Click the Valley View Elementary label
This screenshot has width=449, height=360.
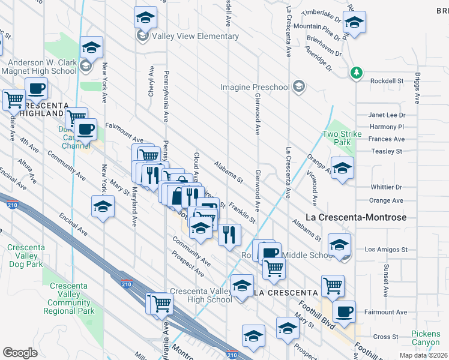point(195,36)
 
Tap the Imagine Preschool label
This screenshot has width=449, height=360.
point(255,88)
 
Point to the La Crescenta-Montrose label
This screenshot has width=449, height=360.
point(356,217)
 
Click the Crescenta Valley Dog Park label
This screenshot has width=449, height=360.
point(25,256)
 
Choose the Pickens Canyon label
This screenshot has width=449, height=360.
point(426,338)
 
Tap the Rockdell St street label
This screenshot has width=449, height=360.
point(386,81)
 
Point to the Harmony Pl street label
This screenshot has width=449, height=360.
point(387,127)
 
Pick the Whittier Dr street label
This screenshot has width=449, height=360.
point(385,187)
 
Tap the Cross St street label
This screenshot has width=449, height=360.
point(386,337)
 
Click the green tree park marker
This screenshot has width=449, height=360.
point(357,73)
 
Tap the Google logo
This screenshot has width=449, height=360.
point(20,353)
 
